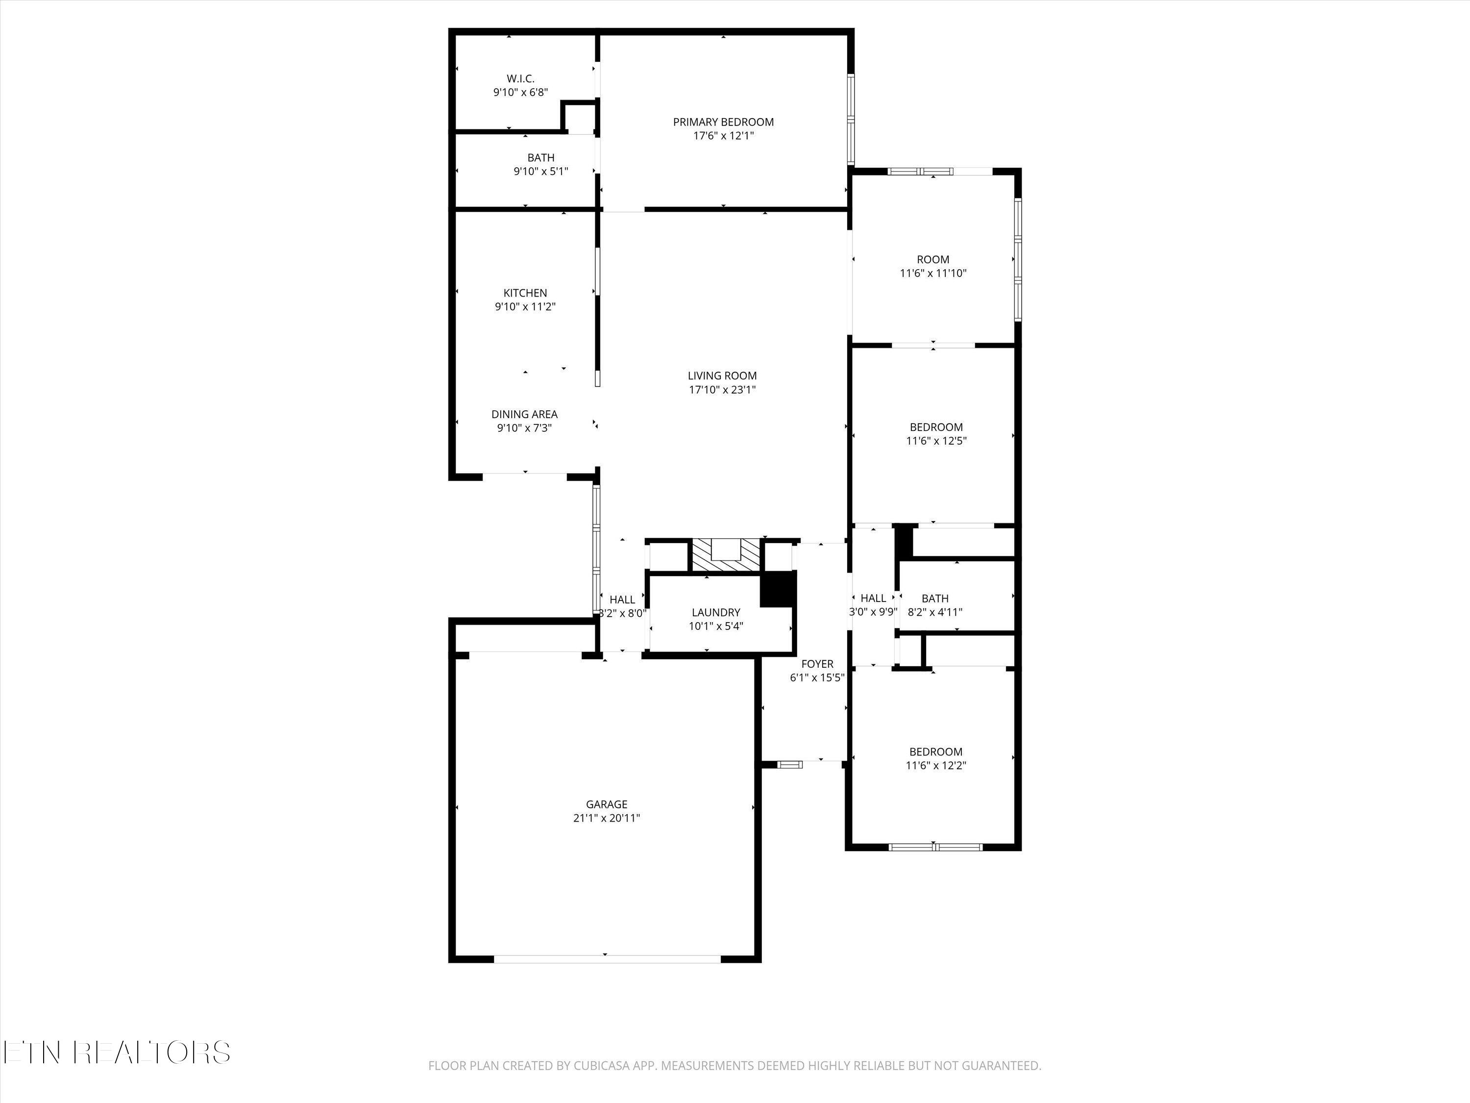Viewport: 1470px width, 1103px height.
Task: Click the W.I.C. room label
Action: [520, 79]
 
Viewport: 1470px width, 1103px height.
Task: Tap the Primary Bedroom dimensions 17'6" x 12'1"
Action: [723, 136]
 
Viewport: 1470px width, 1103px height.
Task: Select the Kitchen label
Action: [525, 293]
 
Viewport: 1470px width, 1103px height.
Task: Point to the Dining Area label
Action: [524, 414]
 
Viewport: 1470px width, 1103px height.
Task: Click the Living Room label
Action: [722, 376]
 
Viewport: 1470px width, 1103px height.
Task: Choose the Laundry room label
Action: [716, 612]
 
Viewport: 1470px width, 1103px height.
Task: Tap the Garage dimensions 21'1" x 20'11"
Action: [606, 819]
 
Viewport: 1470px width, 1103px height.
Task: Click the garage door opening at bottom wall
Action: [607, 959]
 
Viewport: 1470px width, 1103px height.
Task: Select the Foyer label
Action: [817, 664]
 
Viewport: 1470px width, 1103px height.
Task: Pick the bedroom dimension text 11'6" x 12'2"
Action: [936, 765]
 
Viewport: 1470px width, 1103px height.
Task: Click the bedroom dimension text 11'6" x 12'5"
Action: [936, 441]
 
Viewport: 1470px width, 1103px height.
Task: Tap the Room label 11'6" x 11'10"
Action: [933, 260]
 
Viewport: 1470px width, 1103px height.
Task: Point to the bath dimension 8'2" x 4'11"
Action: [934, 612]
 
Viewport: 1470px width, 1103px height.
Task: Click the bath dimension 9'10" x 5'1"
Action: [540, 172]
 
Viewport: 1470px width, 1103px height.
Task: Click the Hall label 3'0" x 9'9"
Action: [873, 599]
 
